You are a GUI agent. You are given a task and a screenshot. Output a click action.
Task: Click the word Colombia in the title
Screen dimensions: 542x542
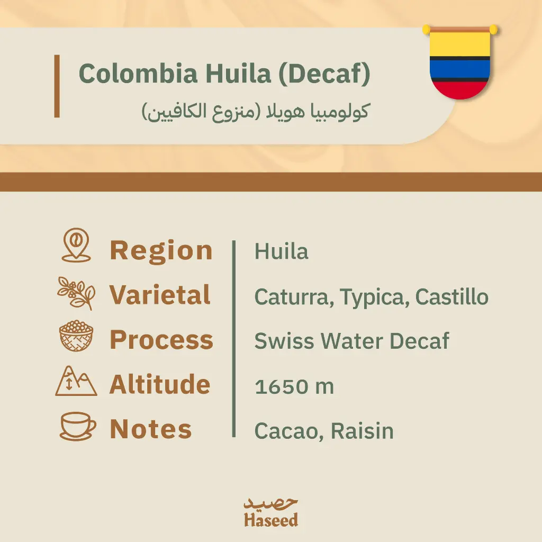coord(138,74)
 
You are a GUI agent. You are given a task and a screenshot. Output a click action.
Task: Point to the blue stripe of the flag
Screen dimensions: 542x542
coord(460,69)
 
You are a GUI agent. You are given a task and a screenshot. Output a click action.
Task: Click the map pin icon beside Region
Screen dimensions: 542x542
coord(76,245)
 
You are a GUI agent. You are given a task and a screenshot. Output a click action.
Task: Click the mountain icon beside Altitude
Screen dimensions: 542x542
coord(76,381)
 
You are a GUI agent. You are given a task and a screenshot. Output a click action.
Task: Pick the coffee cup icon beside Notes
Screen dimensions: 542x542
coord(78,426)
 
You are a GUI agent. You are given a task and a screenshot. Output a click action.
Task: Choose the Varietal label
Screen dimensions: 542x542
coord(160,295)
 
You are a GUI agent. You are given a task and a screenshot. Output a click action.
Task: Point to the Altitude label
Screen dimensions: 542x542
coord(160,384)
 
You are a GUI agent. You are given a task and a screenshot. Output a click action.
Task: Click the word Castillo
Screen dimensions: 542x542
coord(452,296)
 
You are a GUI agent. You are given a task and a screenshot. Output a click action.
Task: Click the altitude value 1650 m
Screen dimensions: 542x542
coord(294,386)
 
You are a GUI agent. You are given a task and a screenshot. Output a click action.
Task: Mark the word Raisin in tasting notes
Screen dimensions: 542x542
coord(362,431)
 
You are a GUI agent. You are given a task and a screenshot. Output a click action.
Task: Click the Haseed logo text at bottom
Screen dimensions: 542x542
coord(271,520)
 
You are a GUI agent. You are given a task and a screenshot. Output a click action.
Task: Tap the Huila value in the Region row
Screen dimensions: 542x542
coord(282,251)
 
